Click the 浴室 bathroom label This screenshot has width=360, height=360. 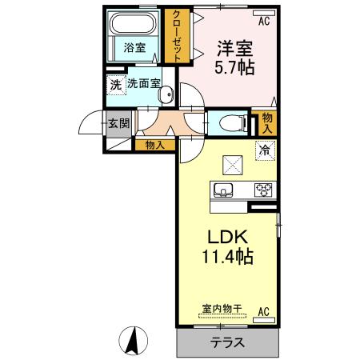pos(134,48)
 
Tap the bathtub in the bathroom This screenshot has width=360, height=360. pos(134,24)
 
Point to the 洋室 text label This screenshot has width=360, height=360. pos(234,46)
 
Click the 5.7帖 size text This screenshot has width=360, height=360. pos(234,67)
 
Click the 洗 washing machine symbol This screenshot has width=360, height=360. pos(115,83)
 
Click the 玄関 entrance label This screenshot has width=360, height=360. pos(118,124)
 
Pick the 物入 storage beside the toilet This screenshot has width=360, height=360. pos(267,122)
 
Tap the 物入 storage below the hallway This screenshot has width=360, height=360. pos(155,145)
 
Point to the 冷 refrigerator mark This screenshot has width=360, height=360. pos(263,149)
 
